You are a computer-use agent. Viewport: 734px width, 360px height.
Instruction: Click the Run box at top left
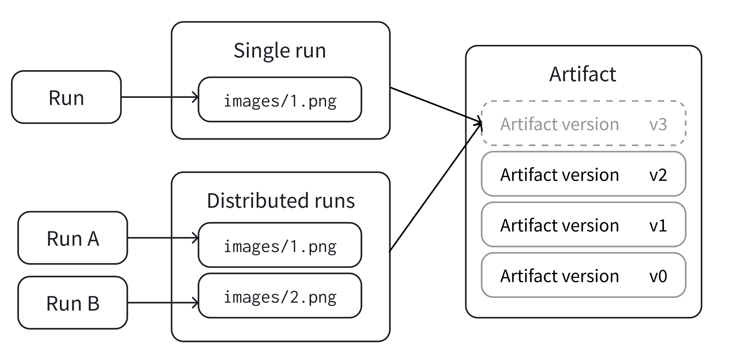tap(66, 97)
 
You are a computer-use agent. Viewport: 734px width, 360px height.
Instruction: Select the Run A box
tap(73, 238)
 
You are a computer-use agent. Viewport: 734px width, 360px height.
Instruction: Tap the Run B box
tap(73, 303)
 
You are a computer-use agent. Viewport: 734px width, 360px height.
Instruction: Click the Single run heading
tap(280, 50)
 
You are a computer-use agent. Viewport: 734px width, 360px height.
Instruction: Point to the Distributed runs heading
tap(280, 200)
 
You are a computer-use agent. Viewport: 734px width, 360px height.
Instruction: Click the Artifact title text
tap(582, 74)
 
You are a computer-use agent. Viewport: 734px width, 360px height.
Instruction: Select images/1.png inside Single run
tap(280, 100)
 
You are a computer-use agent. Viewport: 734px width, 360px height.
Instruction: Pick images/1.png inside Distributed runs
tap(280, 246)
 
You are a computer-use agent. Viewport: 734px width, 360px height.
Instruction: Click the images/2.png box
tap(280, 296)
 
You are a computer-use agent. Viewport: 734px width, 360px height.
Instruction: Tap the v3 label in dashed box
tap(658, 124)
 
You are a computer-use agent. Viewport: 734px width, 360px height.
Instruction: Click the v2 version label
tap(658, 175)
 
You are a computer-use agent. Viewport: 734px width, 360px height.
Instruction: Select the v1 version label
tap(658, 225)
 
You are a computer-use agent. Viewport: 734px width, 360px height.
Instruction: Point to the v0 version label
tap(658, 276)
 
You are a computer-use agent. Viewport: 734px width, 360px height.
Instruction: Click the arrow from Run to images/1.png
tap(160, 97)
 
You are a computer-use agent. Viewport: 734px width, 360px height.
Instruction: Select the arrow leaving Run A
tap(163, 238)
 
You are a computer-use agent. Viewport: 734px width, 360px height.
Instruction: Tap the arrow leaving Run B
tap(163, 303)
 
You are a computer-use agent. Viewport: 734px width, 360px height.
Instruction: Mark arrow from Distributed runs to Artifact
tap(435, 188)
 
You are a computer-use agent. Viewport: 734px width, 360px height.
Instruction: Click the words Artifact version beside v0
tap(559, 276)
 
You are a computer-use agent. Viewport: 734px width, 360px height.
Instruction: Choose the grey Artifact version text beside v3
tap(559, 124)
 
